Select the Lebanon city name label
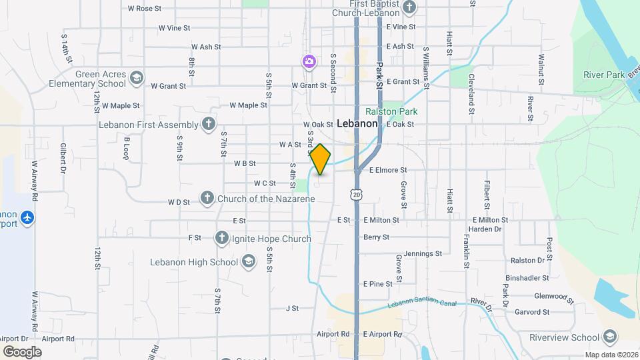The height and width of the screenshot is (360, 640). click(357, 123)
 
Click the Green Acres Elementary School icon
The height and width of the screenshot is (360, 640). click(137, 79)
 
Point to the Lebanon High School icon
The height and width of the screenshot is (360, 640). click(249, 261)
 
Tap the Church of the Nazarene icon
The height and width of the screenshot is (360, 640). click(207, 199)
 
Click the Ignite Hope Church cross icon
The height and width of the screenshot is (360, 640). click(221, 238)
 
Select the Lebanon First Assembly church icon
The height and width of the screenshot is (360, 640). click(209, 124)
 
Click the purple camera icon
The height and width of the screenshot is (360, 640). click(309, 62)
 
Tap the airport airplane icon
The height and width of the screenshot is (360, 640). click(27, 218)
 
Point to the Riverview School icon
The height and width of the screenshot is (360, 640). click(609, 337)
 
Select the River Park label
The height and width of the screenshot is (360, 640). click(603, 75)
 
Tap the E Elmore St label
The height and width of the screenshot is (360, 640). click(388, 170)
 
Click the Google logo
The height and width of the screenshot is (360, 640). click(22, 351)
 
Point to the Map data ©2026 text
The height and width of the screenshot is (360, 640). click(611, 355)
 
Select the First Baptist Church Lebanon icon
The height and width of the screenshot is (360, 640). click(409, 8)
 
